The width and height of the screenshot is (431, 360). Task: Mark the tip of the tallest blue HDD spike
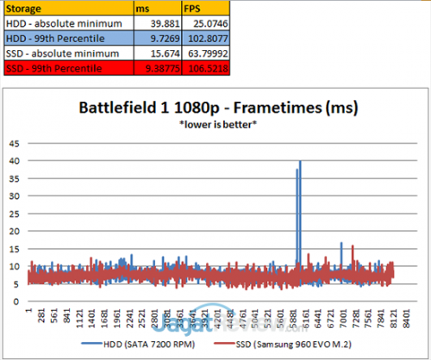[x=300, y=161]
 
